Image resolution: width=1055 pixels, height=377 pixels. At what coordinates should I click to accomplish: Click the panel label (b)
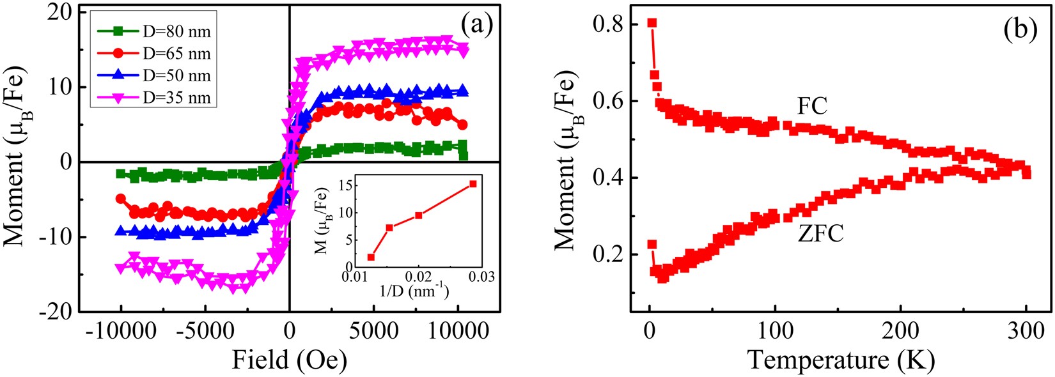1020,29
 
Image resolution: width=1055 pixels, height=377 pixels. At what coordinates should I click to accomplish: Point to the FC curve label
812,106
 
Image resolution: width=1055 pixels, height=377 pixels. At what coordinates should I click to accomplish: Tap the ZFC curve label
820,234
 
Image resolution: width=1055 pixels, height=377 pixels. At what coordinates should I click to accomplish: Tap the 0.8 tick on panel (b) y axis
607,24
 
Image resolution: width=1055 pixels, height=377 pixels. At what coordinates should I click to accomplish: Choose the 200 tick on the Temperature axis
900,330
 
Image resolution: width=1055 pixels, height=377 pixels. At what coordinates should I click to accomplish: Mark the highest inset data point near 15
473,184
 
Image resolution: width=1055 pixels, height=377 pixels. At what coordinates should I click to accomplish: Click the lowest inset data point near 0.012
371,257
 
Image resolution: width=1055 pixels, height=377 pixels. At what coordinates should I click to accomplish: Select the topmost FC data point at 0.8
652,23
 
